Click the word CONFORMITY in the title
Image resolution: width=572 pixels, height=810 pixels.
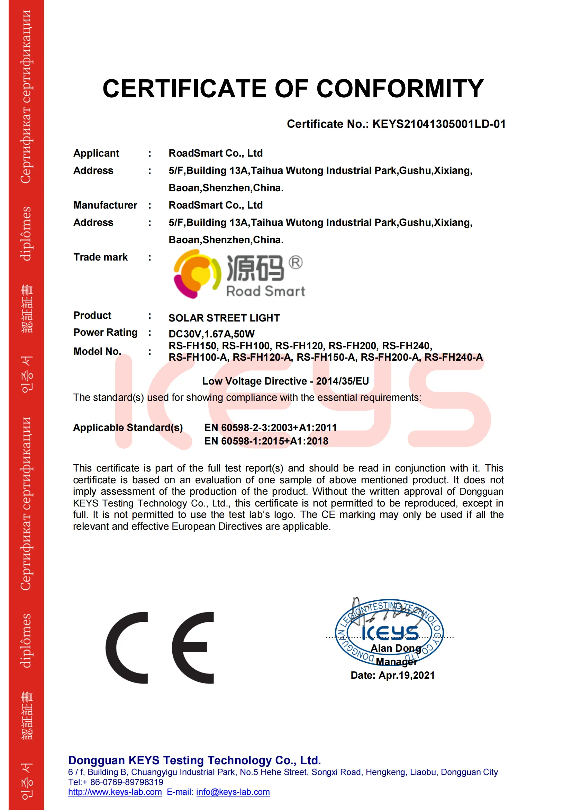(x=400, y=88)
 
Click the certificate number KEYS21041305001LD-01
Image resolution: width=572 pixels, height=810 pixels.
(x=439, y=124)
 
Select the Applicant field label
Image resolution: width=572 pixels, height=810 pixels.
(x=96, y=153)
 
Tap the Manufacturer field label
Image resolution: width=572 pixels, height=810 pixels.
(x=105, y=205)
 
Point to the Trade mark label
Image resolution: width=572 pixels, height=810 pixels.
(x=100, y=257)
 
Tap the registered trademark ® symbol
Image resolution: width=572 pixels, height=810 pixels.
(x=295, y=263)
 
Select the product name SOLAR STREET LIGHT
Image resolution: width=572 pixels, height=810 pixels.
(x=224, y=318)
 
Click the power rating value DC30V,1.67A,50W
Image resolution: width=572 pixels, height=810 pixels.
(x=211, y=334)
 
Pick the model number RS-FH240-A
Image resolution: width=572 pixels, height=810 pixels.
(x=453, y=358)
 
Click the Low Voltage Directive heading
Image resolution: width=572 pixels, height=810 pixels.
(x=285, y=381)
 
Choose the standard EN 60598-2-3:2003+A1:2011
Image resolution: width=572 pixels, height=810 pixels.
(x=270, y=428)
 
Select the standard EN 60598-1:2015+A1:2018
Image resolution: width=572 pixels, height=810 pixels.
(x=266, y=441)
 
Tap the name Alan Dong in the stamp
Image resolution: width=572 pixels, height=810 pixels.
(x=396, y=649)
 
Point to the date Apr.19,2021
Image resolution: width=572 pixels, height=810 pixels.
(x=406, y=675)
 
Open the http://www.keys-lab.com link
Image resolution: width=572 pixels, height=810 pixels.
(x=115, y=792)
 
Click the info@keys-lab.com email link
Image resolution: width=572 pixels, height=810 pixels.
(x=233, y=792)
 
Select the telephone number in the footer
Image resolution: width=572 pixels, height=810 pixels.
(x=127, y=782)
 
